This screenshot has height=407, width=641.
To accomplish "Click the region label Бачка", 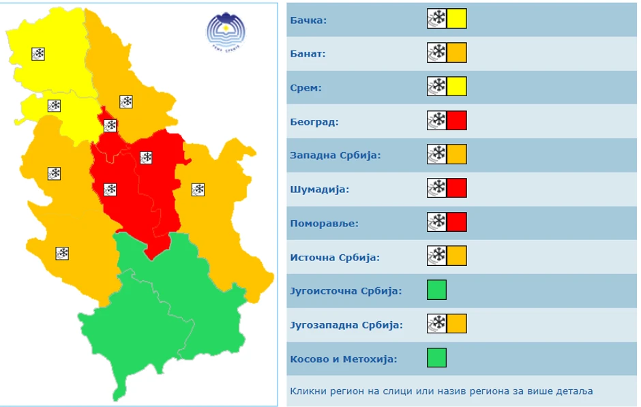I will click(x=308, y=20).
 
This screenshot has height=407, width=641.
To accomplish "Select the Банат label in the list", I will click(x=308, y=54).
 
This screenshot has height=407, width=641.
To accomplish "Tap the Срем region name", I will click(x=305, y=88).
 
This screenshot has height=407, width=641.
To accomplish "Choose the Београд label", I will click(x=314, y=122).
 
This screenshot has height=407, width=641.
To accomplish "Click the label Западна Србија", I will click(x=335, y=155).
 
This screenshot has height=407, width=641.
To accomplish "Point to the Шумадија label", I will click(x=319, y=190).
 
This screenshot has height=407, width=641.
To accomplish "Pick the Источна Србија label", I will click(x=335, y=257).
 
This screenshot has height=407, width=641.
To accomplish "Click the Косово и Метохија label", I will click(x=344, y=359).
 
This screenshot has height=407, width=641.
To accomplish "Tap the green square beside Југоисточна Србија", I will click(x=436, y=290).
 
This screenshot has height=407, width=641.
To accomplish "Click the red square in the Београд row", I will click(x=457, y=121).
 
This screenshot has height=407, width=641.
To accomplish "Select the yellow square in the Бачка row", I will click(x=457, y=18).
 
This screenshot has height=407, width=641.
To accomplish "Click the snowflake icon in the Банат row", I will click(x=436, y=52).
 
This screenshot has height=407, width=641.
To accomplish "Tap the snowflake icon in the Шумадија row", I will click(x=436, y=187).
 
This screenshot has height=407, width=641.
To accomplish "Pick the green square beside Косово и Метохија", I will click(x=436, y=357).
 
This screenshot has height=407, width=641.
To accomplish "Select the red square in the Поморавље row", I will click(x=457, y=222).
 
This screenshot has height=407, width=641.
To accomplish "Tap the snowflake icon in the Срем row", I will click(x=436, y=87).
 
